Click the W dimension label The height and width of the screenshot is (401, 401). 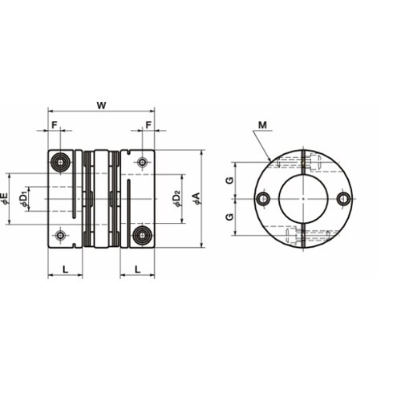coord(102,105)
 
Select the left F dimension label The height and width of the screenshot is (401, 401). coord(55,125)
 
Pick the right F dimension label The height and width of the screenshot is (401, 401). coord(148,125)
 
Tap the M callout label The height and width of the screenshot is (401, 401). coord(263,125)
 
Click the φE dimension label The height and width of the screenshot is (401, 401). coord(5,199)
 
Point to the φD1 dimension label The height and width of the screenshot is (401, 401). coord(23,199)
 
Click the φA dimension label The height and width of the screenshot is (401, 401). coord(196,199)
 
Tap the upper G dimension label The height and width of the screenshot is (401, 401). coord(229,180)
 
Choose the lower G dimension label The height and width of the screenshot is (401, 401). coord(229,217)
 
